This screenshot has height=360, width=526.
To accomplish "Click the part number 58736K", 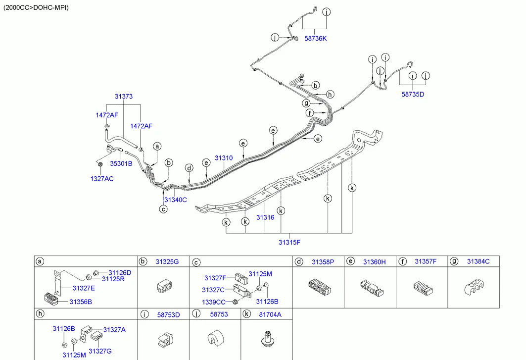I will click(x=316, y=39).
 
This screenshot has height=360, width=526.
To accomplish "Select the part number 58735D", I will click(x=413, y=94).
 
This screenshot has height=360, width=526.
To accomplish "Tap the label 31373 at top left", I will click(x=124, y=97).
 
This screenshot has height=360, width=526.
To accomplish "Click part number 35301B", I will click(x=121, y=163).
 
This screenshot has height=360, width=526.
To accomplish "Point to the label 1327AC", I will click(x=102, y=179).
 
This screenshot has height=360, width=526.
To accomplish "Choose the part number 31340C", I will click(x=176, y=200).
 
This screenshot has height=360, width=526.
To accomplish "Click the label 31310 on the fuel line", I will click(x=224, y=158).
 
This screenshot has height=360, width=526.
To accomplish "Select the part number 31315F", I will click(x=289, y=242).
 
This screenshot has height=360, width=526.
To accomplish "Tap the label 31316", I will click(x=265, y=217).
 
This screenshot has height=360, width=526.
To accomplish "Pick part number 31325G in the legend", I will click(x=167, y=261).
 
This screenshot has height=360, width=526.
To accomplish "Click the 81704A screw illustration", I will click(x=267, y=340).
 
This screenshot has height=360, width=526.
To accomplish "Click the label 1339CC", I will click(x=213, y=302).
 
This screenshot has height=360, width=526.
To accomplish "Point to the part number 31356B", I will click(x=81, y=302).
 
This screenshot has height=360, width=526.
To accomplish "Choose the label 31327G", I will click(x=100, y=351).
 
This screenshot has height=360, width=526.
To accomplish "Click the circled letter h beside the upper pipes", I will click(x=331, y=94).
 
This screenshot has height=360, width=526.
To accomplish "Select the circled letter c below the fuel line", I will click(x=163, y=209).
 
